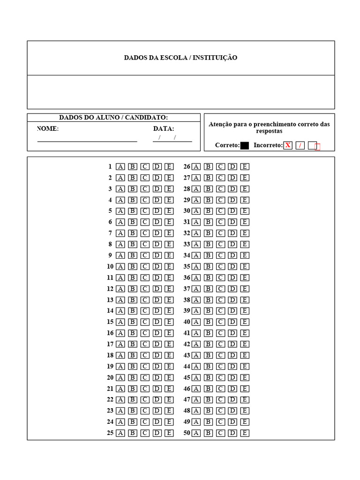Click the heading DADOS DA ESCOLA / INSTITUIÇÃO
coord(180,58)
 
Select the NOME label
coord(48,129)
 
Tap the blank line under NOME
coord(87,141)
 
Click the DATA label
coord(164,129)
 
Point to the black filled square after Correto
coord(245,145)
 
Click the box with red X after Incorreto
coord(288,145)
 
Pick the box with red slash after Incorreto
coord(300,145)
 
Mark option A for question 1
coord(120,166)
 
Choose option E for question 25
coord(169,433)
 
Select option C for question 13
coord(145,300)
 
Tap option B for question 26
coord(208,166)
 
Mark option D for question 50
coord(232,433)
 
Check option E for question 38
coord(245,300)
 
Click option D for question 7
coord(157,233)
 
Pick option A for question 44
coord(196,367)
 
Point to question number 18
coord(110,355)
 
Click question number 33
coord(187,244)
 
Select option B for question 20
coord(133,377)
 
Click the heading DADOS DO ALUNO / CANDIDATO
coord(113,118)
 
